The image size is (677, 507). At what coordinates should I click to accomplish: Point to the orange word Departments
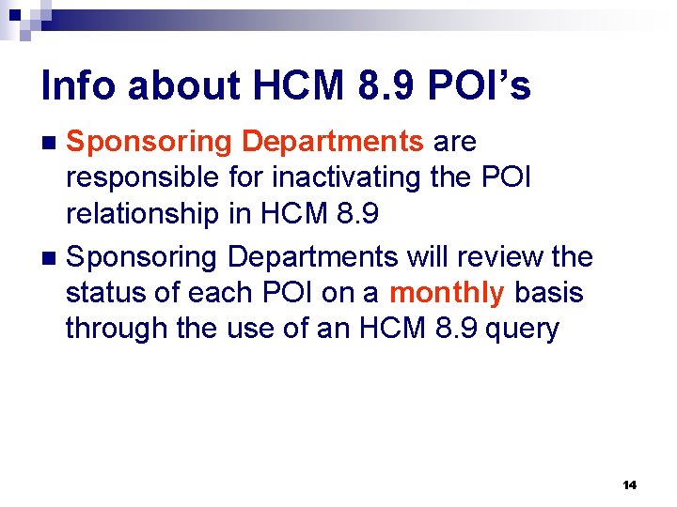(x=332, y=142)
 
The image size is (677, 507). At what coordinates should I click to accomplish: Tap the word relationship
(x=142, y=214)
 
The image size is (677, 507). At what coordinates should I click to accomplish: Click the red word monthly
(x=447, y=293)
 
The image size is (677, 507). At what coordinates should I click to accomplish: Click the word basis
(x=549, y=293)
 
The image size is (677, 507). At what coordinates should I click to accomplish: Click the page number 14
(x=630, y=484)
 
